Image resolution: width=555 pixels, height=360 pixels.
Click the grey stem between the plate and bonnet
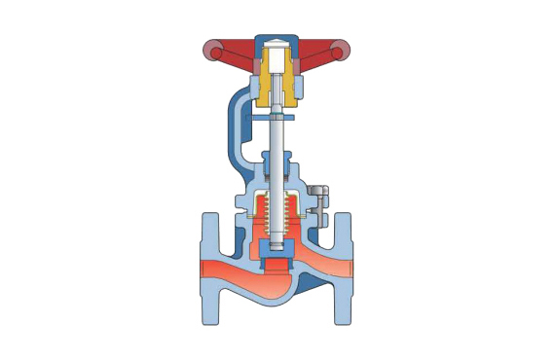pos(277,136)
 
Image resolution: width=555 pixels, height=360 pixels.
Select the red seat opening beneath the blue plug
pos(278,266)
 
